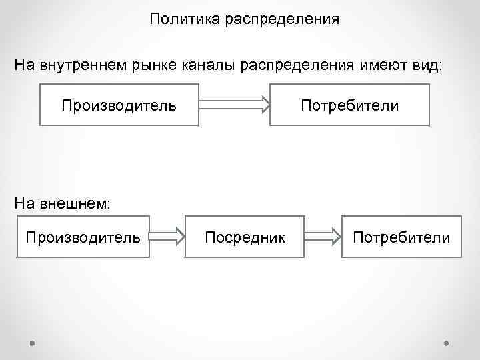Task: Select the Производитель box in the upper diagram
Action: (119, 105)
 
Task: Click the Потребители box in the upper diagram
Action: (349, 105)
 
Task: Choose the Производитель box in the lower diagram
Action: (83, 237)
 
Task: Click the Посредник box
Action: (245, 237)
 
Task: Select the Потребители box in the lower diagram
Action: (401, 237)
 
